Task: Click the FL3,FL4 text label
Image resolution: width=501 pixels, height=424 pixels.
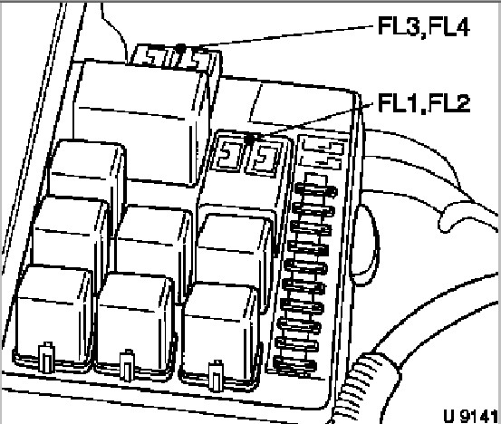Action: coord(424,26)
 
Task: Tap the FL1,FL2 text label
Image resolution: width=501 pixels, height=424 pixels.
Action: coord(424,103)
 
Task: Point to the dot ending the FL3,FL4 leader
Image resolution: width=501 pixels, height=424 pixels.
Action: coord(181,47)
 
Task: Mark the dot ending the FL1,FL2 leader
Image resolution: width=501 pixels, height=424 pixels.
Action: coord(251,138)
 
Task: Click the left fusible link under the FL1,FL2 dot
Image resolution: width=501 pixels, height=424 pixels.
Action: coord(228,154)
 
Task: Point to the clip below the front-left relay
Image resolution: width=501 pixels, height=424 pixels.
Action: coord(46,357)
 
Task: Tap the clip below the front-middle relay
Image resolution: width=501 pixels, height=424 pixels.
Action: coord(127,365)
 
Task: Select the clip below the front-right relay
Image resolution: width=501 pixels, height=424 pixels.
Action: coord(216,376)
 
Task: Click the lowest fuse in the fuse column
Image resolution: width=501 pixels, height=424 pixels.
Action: coord(295,365)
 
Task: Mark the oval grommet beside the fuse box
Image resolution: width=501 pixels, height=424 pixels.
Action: coord(366,245)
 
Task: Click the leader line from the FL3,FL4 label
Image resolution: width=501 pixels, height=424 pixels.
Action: coord(279,36)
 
